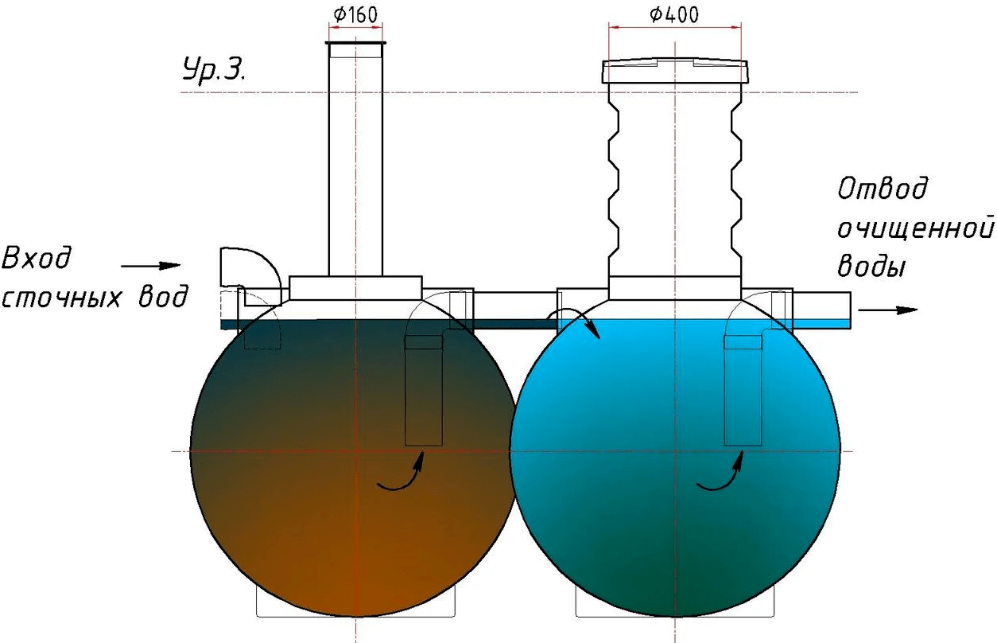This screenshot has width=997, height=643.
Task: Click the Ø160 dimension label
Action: tap(355, 14)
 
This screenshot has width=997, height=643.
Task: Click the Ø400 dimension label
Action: tap(674, 14)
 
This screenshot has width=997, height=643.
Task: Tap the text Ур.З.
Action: tap(214, 69)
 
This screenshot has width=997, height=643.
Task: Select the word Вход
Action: tap(37, 258)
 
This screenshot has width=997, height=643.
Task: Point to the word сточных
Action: tap(61, 297)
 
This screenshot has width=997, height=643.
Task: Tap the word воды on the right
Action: tap(871, 266)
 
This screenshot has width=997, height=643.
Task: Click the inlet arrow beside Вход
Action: tap(150, 266)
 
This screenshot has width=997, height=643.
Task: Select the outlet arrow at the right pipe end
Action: tap(887, 310)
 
